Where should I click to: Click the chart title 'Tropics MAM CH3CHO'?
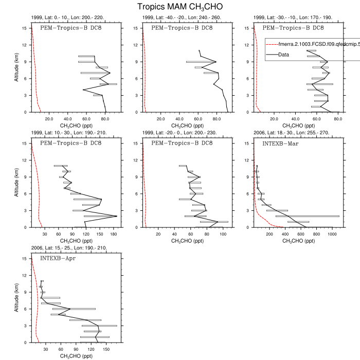click(180, 7)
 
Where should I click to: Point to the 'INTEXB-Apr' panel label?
click(58, 258)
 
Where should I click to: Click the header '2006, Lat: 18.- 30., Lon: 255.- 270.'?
click(294, 133)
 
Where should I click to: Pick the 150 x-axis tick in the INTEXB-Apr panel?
click(106, 349)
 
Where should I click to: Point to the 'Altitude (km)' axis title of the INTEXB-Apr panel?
click(17, 299)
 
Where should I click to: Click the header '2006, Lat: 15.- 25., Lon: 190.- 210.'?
click(69, 248)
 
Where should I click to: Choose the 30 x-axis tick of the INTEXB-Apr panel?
click(46, 349)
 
